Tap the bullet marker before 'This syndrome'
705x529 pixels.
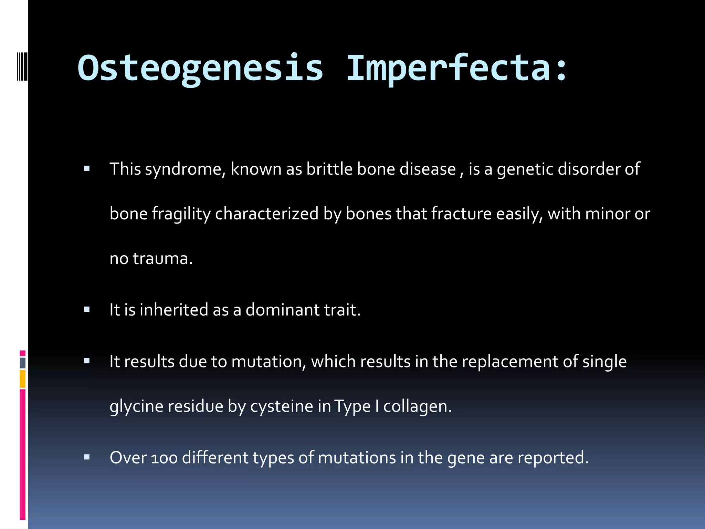click(x=87, y=169)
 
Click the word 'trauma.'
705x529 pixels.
click(x=163, y=259)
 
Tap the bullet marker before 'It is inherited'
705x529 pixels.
click(x=87, y=309)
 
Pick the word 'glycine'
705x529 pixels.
click(x=136, y=407)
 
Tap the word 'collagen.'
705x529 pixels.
click(x=418, y=407)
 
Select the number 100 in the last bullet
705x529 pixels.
click(x=165, y=458)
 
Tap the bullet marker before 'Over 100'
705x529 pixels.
click(x=87, y=457)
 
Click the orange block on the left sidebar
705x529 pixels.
click(x=23, y=378)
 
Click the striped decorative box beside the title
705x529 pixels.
click(x=22, y=66)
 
